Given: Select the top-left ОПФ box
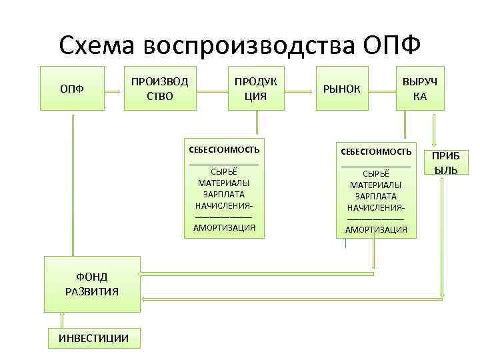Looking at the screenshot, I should click(72, 88).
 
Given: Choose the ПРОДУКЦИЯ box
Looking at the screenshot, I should click(255, 88).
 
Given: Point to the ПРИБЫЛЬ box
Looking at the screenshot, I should click(445, 163).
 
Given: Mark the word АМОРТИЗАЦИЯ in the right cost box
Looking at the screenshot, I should click(376, 229).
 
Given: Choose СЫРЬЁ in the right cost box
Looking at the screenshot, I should click(376, 173).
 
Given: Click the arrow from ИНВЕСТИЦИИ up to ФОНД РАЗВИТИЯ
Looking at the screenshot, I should click(61, 319).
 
